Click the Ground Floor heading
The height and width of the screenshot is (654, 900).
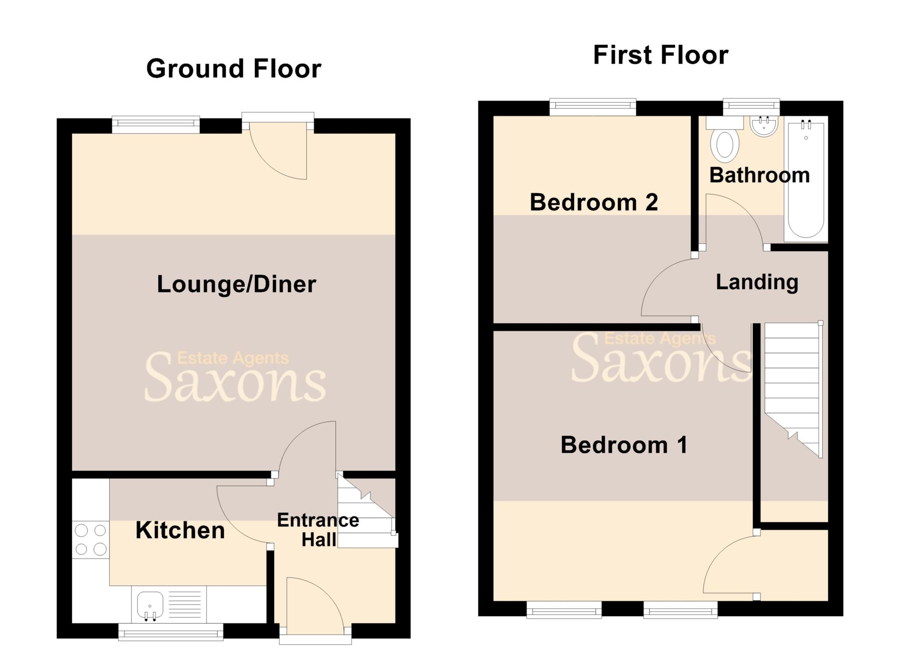234,69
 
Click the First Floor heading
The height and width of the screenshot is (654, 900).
660,55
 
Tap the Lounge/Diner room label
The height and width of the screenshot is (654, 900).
236,284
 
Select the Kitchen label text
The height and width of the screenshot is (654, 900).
180,530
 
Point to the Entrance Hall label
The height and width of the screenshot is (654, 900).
318,530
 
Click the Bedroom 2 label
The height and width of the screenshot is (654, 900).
594,202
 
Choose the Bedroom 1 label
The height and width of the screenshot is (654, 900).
624,445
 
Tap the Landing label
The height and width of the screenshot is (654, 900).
757,282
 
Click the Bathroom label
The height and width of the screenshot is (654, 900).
759,175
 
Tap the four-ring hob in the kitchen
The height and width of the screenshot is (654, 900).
91,540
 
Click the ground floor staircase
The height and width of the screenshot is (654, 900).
366,514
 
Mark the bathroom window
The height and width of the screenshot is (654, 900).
751,105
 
